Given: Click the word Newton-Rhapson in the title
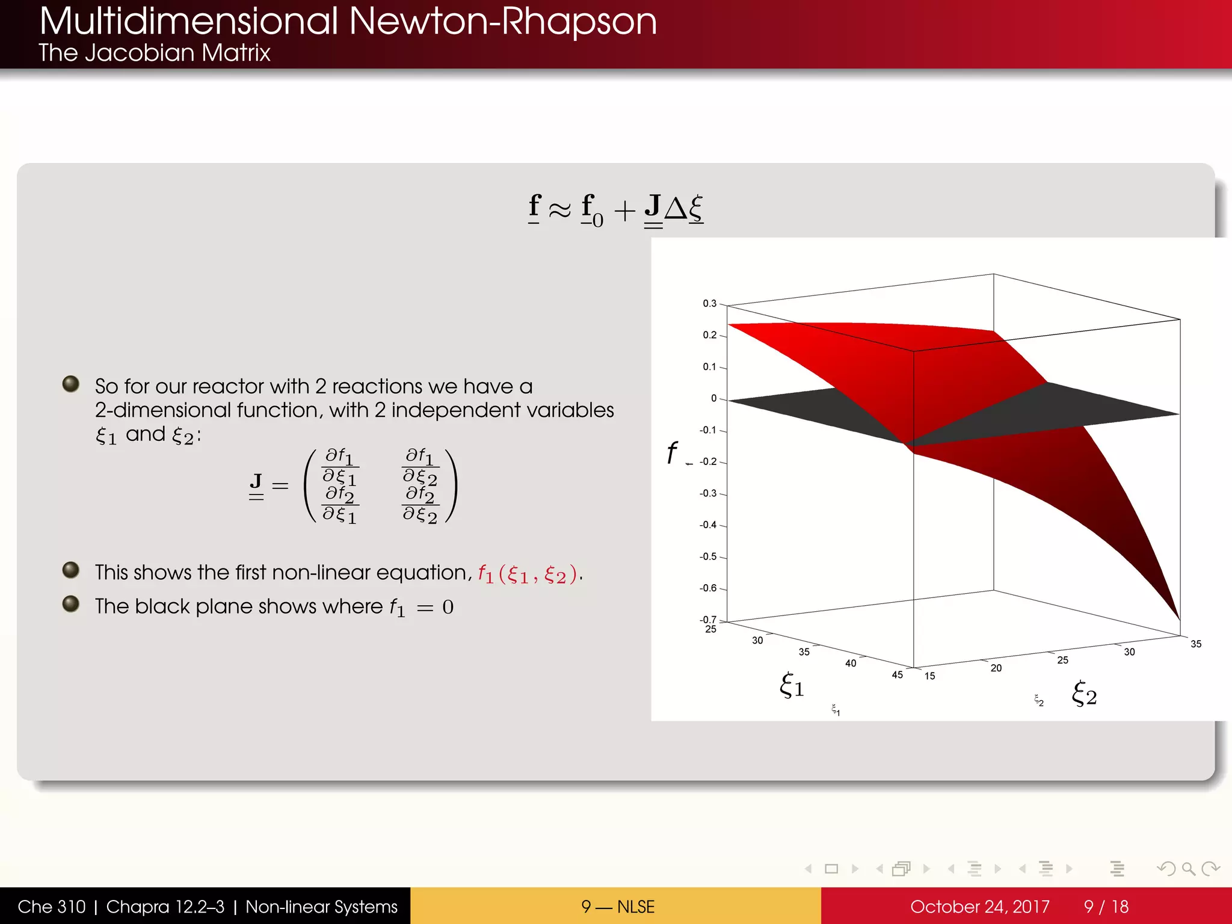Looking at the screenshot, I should (x=502, y=22).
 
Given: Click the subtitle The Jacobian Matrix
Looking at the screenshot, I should (x=154, y=53).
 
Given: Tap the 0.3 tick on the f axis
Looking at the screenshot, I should (x=710, y=303).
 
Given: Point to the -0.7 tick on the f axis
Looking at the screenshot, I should (x=708, y=620).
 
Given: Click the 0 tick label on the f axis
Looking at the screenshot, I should (x=714, y=398).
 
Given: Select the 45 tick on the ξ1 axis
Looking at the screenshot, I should (x=897, y=675).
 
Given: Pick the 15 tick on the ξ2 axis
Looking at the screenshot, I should (x=929, y=676).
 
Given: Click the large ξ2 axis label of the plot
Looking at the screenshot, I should (x=1084, y=694).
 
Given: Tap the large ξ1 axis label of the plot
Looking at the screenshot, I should (x=792, y=685).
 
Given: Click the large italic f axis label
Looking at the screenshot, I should (x=672, y=452).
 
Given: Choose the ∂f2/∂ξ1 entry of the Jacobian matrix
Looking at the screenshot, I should (x=340, y=505).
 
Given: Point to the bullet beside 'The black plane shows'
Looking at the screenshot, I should (x=71, y=603).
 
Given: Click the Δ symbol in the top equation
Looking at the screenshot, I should (x=675, y=209).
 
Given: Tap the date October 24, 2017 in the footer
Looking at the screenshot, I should (x=979, y=907).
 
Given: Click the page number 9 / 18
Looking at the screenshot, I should (x=1106, y=907).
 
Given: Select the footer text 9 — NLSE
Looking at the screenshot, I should (x=617, y=907).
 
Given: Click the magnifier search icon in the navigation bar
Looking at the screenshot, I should (x=1188, y=869).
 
